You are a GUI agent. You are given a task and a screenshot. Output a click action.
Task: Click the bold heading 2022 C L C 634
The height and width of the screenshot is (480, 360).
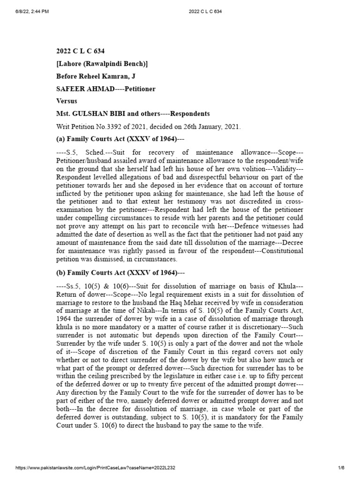(77, 52)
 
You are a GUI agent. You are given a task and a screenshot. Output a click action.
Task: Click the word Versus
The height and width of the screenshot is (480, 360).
(67, 101)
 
